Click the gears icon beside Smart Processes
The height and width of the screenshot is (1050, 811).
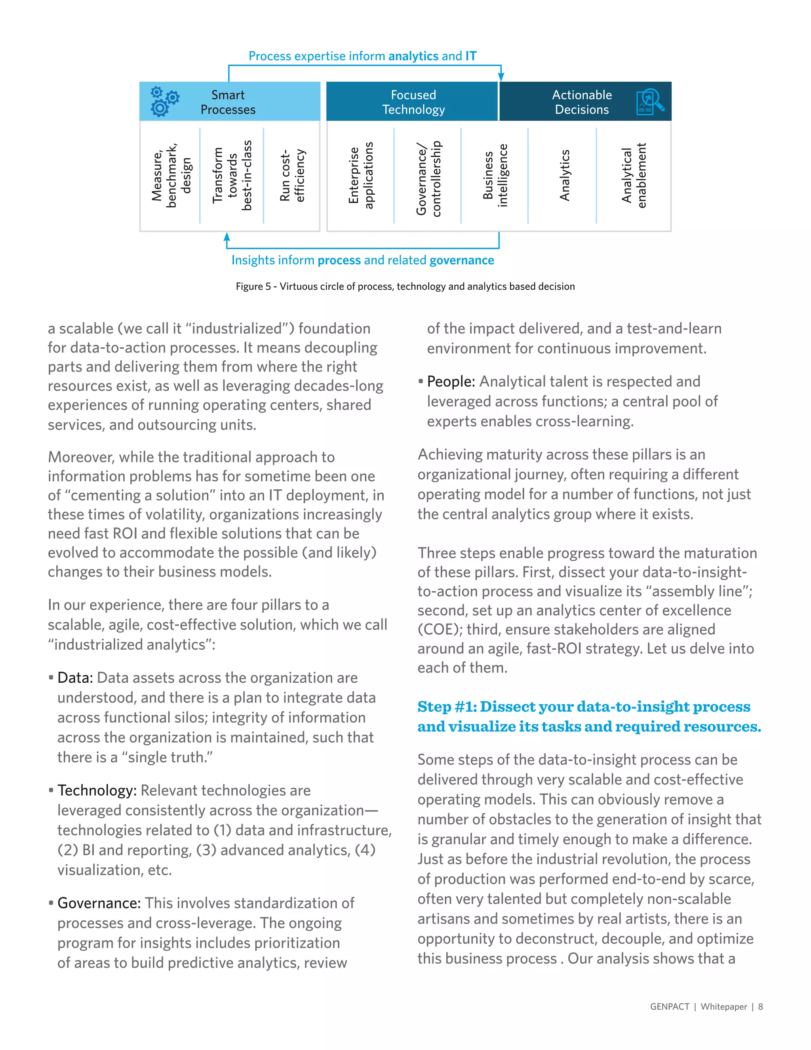[164, 101]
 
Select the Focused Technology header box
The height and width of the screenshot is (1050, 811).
[412, 101]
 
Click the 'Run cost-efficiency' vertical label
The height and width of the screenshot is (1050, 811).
[292, 175]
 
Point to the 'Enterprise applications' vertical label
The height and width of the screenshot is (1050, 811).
[360, 175]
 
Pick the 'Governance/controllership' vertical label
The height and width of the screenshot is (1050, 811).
[428, 178]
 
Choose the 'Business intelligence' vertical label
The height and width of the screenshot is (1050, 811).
[495, 175]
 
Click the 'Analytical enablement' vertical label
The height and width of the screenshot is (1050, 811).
[634, 175]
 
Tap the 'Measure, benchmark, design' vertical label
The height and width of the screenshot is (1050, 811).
[171, 175]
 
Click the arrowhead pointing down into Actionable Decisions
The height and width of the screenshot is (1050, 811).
[501, 77]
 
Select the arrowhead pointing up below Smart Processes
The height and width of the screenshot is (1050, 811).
[227, 237]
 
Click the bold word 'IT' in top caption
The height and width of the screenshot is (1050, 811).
[471, 56]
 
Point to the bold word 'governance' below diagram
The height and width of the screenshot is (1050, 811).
[461, 260]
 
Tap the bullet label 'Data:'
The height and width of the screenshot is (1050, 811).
[75, 678]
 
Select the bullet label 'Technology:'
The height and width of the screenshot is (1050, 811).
[97, 790]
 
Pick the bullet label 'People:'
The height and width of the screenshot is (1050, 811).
[451, 382]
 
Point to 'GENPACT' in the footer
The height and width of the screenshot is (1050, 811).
[669, 1007]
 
